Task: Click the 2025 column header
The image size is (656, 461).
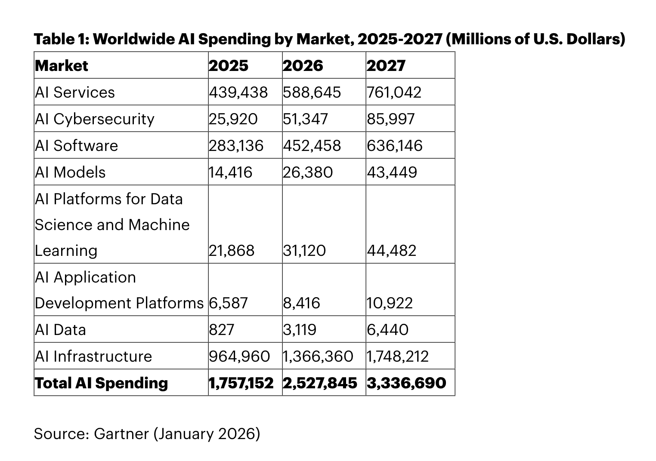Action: [229, 66]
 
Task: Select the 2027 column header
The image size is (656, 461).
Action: [386, 66]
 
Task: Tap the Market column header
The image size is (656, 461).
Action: [61, 66]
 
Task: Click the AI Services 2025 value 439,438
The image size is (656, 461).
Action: [238, 92]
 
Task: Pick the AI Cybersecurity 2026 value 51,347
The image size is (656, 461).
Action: [305, 119]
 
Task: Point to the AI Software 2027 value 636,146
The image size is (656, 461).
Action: [395, 146]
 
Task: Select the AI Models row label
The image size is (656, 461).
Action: [70, 172]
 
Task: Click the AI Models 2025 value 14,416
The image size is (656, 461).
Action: [230, 172]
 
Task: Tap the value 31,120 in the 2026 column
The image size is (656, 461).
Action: [304, 251]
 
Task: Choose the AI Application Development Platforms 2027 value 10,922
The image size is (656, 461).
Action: [390, 303]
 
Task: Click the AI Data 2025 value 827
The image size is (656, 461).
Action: [222, 330]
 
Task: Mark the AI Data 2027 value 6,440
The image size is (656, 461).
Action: [387, 330]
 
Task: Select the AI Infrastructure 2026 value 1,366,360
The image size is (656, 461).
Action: [318, 357]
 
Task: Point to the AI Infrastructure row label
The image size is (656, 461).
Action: [93, 357]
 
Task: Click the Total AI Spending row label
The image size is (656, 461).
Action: [101, 383]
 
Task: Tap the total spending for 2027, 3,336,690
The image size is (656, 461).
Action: [406, 383]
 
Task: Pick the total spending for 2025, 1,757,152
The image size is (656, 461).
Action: [241, 383]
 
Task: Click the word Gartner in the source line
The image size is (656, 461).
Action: [121, 433]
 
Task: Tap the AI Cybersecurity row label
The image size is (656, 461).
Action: [94, 119]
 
